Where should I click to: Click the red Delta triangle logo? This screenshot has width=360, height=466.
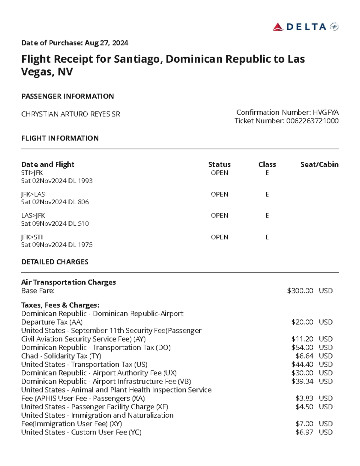tap(278, 27)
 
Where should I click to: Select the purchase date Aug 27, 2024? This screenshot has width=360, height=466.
tap(106, 43)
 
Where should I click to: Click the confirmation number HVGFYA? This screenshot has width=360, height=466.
tap(325, 113)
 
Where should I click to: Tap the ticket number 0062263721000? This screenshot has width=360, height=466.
tap(312, 121)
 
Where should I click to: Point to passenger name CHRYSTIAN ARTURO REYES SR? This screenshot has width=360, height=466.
tap(70, 114)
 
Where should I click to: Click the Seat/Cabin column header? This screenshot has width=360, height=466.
tap(319, 164)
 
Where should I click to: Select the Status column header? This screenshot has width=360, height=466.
tap(219, 164)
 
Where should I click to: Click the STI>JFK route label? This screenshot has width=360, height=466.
tap(32, 173)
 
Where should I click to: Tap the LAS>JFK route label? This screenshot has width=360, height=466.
tap(33, 215)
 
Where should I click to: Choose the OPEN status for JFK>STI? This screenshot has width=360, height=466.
tap(219, 237)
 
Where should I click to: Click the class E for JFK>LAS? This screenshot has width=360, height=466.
tap(267, 194)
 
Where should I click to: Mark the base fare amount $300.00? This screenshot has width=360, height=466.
tap(300, 291)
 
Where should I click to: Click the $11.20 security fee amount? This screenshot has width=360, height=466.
tap(302, 339)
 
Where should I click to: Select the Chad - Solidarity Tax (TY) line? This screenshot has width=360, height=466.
tap(61, 356)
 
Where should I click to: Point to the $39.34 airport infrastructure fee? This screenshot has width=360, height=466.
tap(302, 381)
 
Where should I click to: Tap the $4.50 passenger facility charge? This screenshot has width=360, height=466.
tap(304, 407)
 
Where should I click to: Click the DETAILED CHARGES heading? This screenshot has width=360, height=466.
tap(55, 262)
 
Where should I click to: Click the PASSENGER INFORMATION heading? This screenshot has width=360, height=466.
tap(67, 96)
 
